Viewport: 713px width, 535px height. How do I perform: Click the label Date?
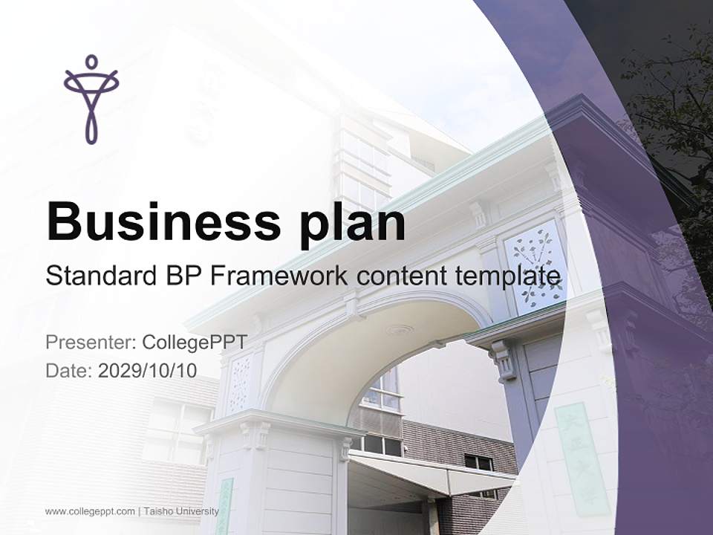(x=69, y=370)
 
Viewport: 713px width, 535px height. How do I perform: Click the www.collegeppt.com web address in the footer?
(x=90, y=511)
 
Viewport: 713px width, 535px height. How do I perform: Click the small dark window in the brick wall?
(x=479, y=462)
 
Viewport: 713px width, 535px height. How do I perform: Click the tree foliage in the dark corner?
(x=668, y=111)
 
